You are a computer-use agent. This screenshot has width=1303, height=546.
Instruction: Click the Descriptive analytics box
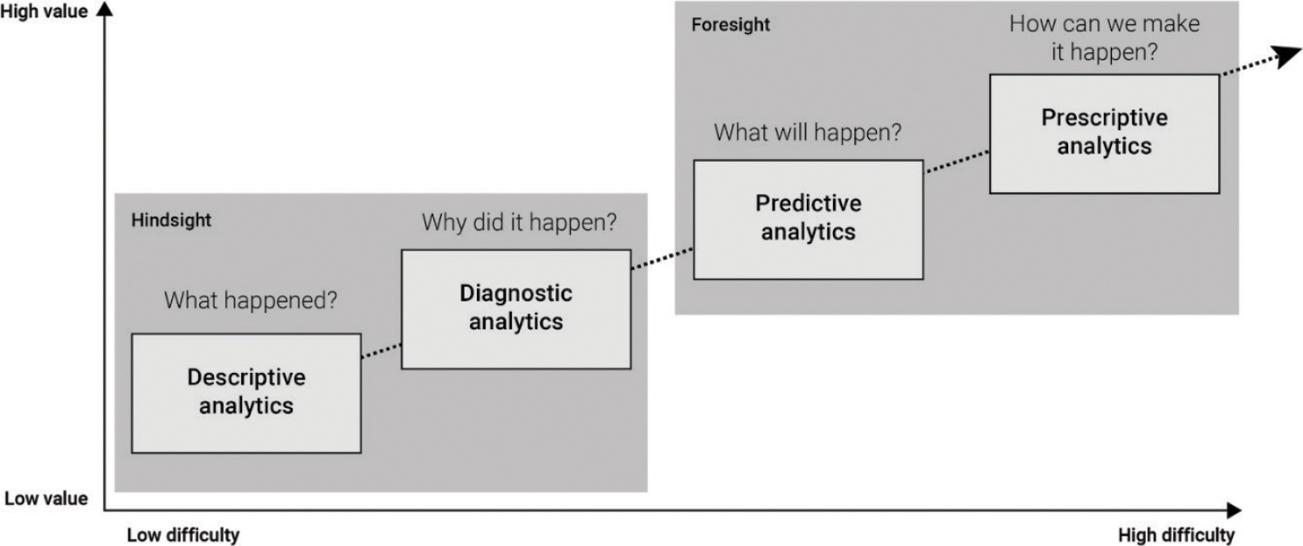click(246, 392)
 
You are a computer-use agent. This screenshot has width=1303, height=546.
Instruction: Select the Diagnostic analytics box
click(515, 308)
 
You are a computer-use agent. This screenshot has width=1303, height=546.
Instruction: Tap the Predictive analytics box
click(808, 218)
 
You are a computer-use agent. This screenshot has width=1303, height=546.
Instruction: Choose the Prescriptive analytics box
click(1104, 133)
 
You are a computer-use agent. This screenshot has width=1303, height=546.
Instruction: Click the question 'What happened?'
click(251, 301)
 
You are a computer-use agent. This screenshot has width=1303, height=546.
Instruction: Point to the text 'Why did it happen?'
click(519, 222)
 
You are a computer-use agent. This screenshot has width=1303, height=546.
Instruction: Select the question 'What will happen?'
click(807, 133)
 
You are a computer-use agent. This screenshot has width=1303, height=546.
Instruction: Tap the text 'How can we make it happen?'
click(1104, 38)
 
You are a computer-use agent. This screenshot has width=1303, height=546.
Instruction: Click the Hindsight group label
click(171, 220)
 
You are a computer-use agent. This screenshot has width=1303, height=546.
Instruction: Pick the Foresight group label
click(730, 24)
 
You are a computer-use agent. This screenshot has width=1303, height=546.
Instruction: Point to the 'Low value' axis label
click(45, 499)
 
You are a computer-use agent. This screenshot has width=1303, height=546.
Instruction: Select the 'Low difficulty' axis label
click(183, 535)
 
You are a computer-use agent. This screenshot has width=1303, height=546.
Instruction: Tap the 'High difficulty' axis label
click(1175, 535)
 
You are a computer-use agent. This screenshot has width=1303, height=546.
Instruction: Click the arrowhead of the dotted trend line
click(1287, 56)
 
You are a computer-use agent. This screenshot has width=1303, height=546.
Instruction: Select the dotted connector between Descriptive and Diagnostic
click(381, 350)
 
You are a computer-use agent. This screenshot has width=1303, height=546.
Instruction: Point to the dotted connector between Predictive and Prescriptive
click(955, 161)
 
